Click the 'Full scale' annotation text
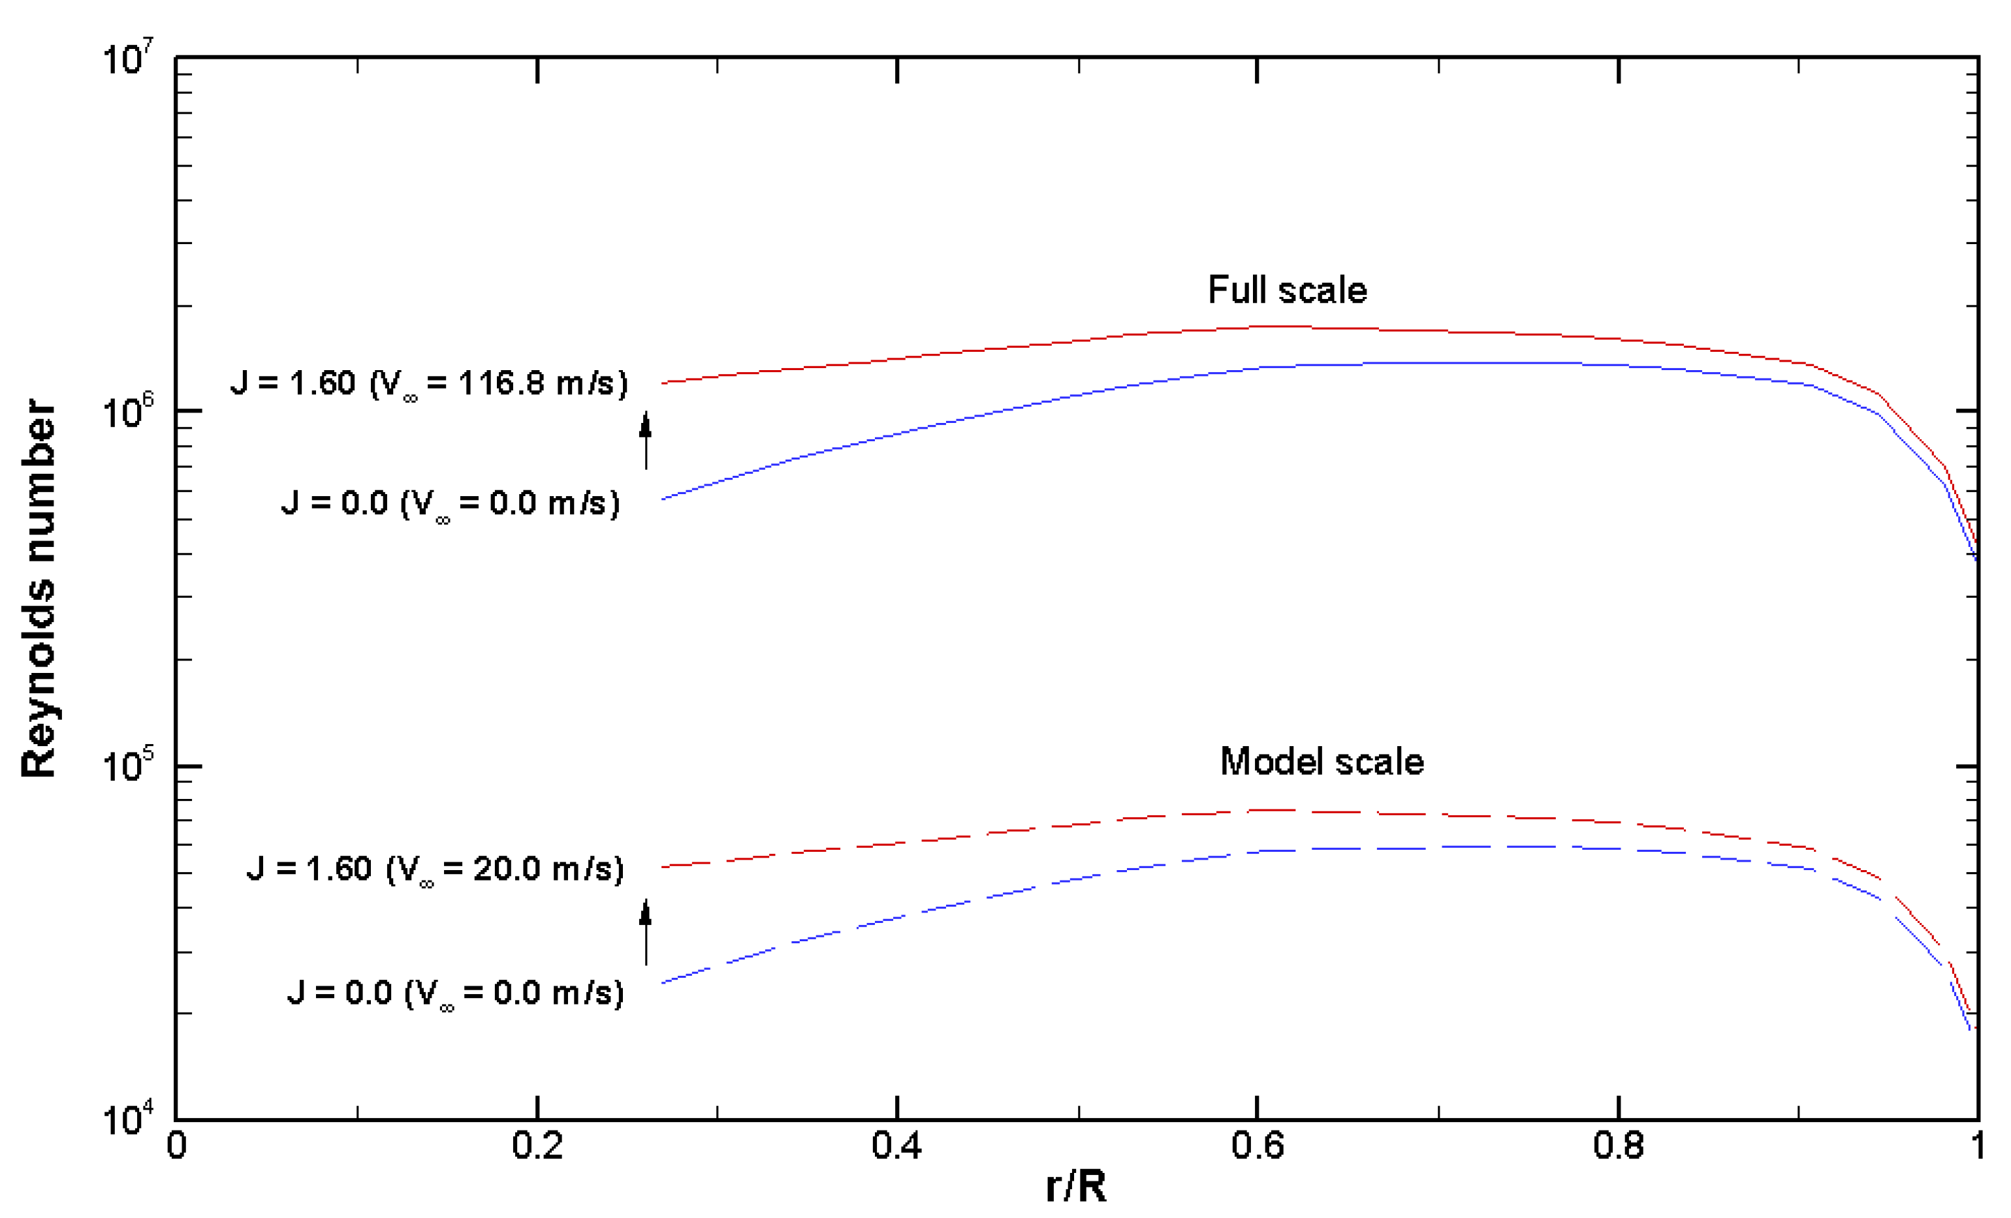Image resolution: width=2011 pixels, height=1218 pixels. coord(1287,290)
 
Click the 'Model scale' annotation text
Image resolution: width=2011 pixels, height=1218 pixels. coord(1322,762)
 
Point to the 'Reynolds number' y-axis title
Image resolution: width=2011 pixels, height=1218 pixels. coord(39,588)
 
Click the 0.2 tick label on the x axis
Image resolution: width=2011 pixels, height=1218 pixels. coord(537,1146)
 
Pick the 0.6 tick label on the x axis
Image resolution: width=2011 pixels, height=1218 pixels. coord(1257,1146)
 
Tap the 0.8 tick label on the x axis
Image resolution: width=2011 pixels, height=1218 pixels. coord(1618,1146)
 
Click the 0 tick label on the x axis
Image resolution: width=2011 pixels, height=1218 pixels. coord(176,1146)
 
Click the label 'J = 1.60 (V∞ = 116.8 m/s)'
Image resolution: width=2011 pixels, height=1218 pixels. coord(430,383)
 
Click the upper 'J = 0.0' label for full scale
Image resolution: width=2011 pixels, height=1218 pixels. coord(451,503)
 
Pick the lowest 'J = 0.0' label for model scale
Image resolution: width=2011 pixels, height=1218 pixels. coord(456,993)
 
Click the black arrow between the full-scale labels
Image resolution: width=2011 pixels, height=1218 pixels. coord(646,441)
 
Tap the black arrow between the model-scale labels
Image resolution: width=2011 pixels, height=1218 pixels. coord(646,931)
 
